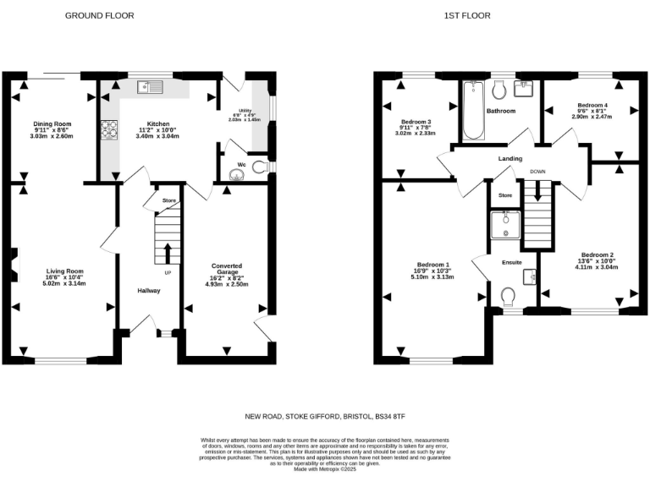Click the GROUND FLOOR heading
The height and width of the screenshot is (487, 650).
click(99, 16)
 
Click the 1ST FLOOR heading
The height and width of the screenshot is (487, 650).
click(464, 16)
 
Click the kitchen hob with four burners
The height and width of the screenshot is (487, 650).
click(110, 130)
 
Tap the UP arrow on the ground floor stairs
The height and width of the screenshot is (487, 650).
click(167, 253)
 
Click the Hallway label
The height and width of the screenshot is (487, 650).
click(149, 290)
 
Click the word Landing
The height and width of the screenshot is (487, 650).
click(510, 158)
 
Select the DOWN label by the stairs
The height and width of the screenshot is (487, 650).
click(537, 172)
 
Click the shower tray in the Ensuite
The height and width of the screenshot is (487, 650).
click(505, 224)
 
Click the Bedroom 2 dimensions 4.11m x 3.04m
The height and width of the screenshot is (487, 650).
click(597, 266)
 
